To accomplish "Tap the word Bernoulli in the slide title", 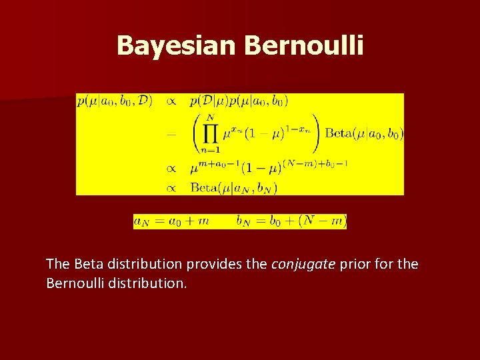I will coord(304,45).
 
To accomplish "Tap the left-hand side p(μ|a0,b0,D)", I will coord(114,101).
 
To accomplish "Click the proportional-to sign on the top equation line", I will coord(171,101).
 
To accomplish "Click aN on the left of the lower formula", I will coord(141,221).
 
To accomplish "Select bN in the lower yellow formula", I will coord(243,221).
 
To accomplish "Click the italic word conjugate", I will coord(303,265).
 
